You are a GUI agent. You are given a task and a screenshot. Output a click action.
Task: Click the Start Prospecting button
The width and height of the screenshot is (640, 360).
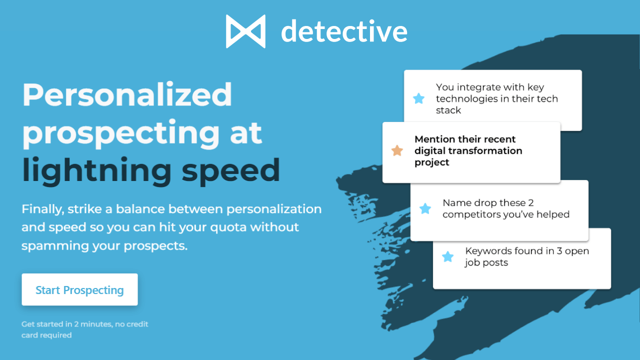pos(79,290)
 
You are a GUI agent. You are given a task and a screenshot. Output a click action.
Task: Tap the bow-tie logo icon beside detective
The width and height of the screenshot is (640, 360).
pos(245,31)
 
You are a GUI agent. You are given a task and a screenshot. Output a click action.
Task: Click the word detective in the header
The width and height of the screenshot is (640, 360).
pos(344,31)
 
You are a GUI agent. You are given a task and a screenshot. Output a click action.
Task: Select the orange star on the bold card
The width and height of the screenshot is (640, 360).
pos(397,150)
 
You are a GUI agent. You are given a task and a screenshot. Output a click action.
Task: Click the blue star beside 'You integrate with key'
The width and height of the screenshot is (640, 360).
pos(419,98)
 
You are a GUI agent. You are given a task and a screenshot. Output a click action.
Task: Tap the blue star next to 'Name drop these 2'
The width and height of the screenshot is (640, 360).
pos(425,208)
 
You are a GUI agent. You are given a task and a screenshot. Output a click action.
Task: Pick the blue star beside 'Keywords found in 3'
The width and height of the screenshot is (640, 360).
pos(448,257)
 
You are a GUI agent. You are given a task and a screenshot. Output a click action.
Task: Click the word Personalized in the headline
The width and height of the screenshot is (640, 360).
pos(127,95)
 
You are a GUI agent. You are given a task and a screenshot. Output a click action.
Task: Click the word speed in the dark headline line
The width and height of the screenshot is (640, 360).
pos(230,170)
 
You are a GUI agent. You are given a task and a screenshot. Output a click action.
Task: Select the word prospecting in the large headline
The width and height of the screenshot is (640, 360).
pos(121,133)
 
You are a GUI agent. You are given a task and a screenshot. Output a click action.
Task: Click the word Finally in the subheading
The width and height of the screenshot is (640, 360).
pos(41,209)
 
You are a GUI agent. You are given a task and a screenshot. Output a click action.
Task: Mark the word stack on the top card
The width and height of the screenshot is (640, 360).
pos(448,110)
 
